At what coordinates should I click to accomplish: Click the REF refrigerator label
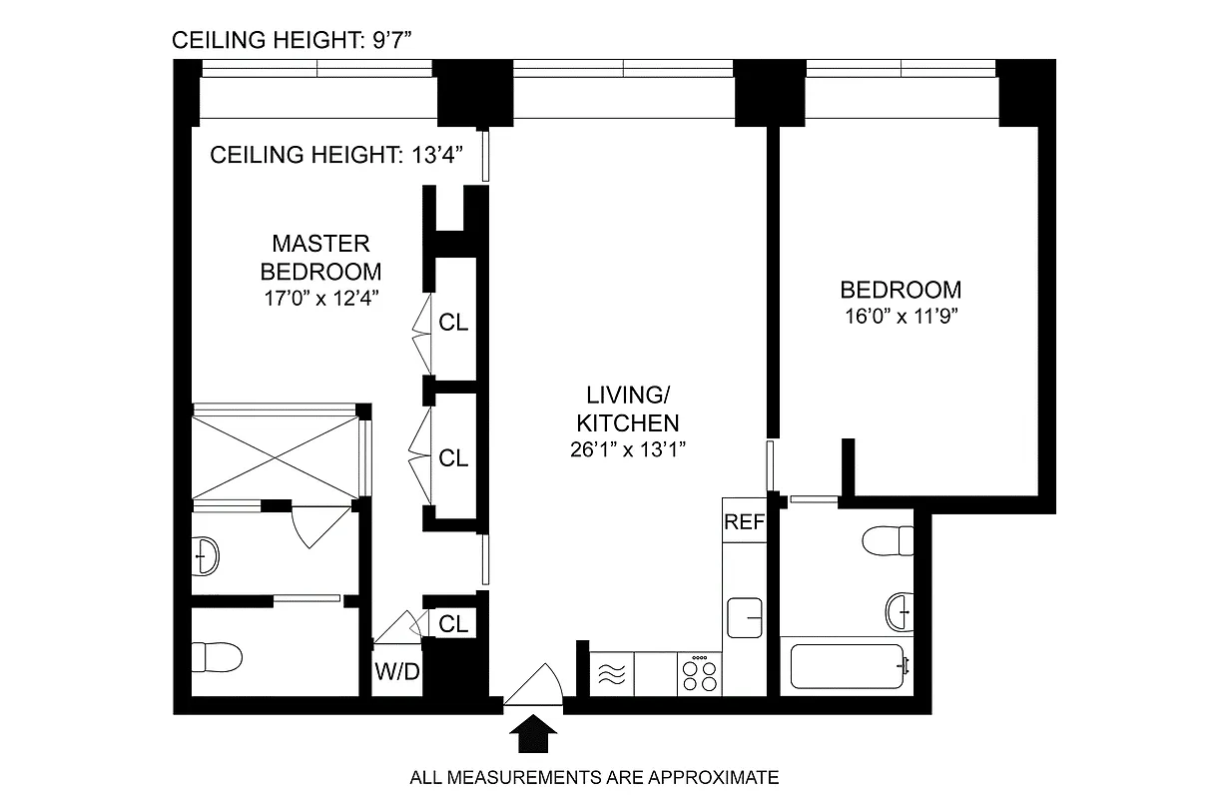tap(743, 521)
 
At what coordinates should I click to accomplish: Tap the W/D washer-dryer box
tap(397, 671)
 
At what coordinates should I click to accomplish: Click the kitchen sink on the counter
tap(745, 617)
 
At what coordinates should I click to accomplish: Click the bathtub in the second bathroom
tap(848, 666)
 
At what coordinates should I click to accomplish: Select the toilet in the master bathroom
tap(217, 657)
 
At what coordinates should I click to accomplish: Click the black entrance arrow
tap(534, 737)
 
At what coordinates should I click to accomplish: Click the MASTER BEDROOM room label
tap(320, 257)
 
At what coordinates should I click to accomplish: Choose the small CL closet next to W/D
tap(453, 624)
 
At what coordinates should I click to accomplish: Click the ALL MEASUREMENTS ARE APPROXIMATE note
tap(594, 777)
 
